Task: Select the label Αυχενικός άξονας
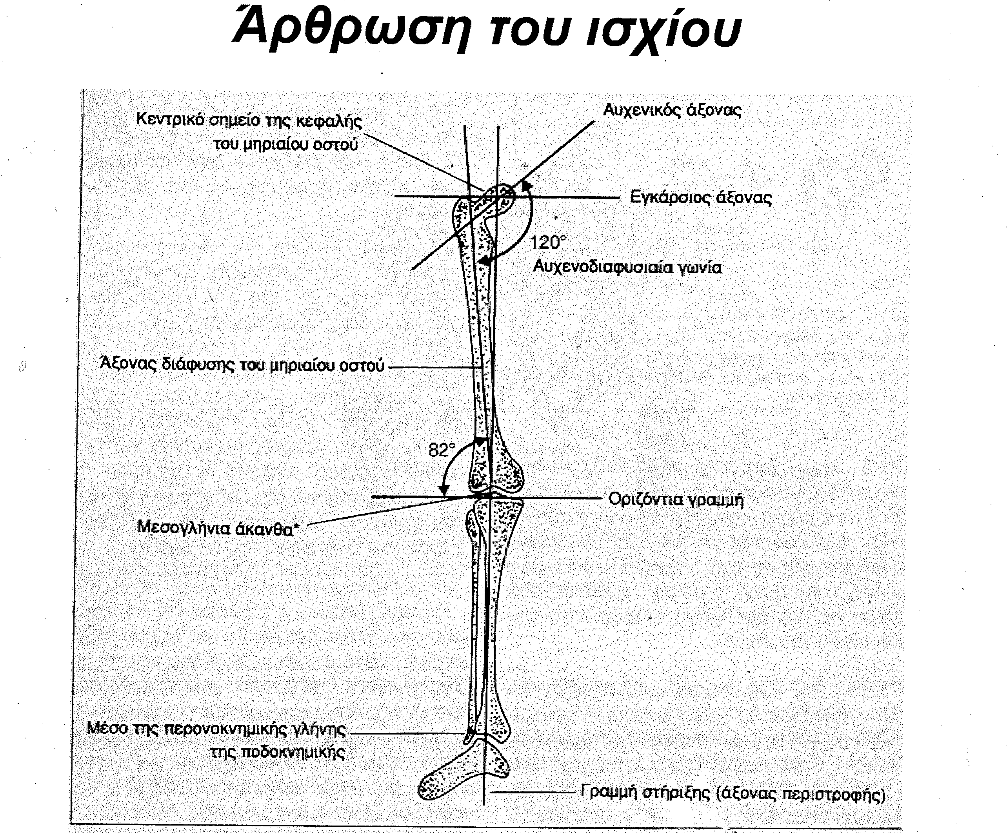(672, 110)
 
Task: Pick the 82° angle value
(442, 450)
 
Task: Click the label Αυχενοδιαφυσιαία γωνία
(627, 267)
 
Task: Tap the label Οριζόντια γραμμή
(676, 499)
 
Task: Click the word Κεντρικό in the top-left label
(170, 119)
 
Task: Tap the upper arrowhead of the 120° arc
(527, 186)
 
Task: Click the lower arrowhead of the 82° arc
(444, 490)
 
